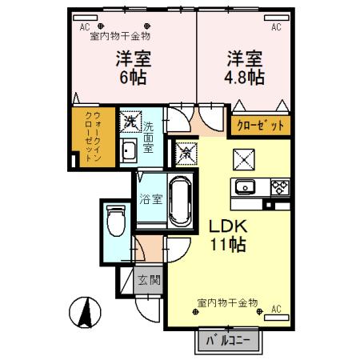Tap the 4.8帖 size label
click(245, 78)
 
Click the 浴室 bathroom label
click(151, 198)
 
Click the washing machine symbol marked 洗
click(130, 122)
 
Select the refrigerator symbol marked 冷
click(185, 150)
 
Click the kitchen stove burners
click(278, 188)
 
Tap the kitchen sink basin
click(245, 188)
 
